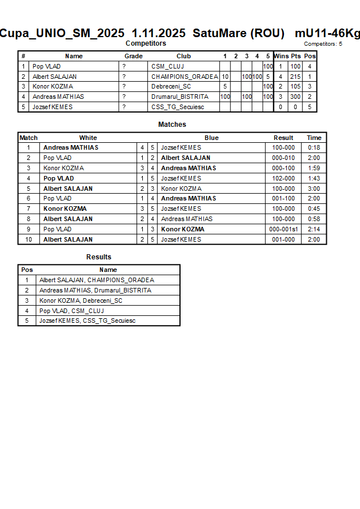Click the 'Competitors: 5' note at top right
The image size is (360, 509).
click(323, 43)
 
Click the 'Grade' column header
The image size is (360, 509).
click(134, 56)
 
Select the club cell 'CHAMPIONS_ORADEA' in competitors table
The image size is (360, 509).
click(185, 77)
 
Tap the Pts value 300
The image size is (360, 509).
click(295, 97)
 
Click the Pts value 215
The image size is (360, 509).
click(295, 77)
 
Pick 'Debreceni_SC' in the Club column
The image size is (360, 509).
click(171, 87)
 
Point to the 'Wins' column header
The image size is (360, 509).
click(281, 56)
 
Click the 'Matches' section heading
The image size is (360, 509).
click(172, 125)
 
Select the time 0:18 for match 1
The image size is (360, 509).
click(314, 147)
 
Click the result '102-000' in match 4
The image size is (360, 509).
click(283, 178)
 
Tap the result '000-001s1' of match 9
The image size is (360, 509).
click(283, 229)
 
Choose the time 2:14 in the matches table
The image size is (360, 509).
click(314, 229)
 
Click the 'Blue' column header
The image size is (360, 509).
click(211, 138)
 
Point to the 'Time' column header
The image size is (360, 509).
click(314, 138)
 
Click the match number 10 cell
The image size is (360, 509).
click(29, 239)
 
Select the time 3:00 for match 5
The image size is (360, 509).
click(314, 189)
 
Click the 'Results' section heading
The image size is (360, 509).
click(99, 257)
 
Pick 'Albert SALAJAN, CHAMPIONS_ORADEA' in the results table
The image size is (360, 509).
click(97, 280)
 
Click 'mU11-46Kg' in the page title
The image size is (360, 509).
click(327, 33)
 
